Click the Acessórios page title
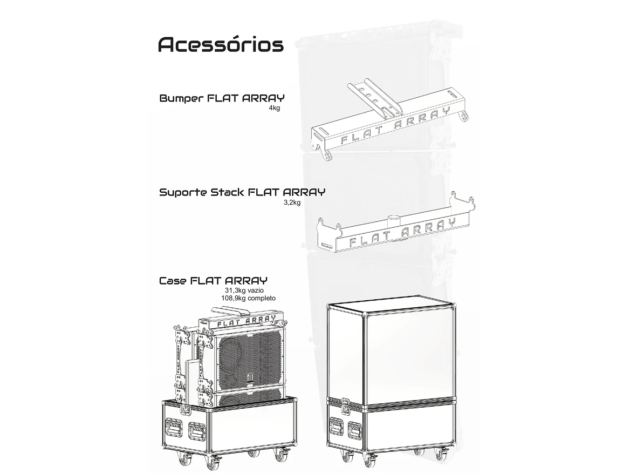221,44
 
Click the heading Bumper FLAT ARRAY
222,99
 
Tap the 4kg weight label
275,109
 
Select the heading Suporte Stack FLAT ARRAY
242,192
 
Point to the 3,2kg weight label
292,202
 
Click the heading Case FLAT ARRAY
213,281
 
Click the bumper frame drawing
388,121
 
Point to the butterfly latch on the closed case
345,404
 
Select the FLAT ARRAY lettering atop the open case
245,321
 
